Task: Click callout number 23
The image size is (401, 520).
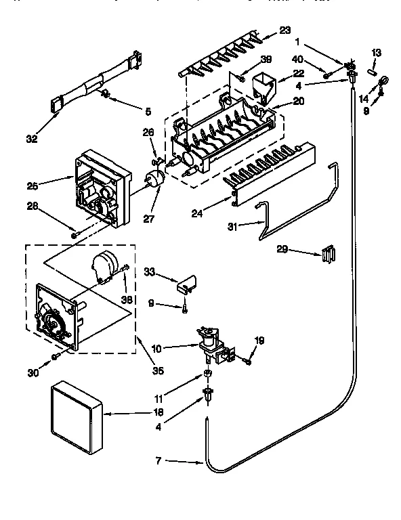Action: click(285, 29)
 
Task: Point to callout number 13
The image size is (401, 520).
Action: click(377, 53)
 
